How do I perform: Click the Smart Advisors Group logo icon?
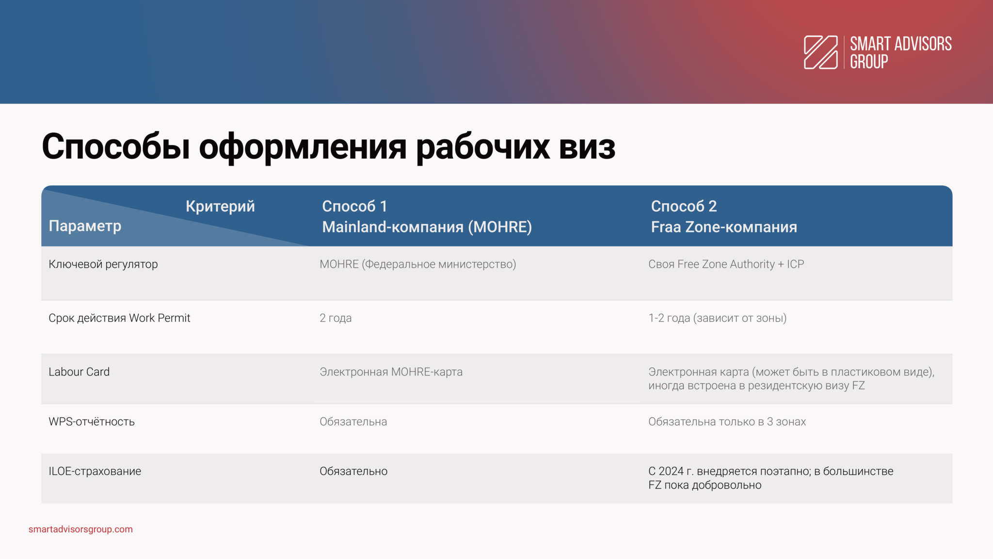pyautogui.click(x=820, y=52)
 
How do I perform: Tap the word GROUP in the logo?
pyautogui.click(x=869, y=62)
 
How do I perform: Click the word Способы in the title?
pyautogui.click(x=116, y=147)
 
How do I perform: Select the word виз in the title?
pyautogui.click(x=587, y=147)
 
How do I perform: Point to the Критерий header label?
pyautogui.click(x=220, y=206)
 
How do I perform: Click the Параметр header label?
pyautogui.click(x=85, y=226)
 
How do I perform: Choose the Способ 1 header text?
pyautogui.click(x=354, y=206)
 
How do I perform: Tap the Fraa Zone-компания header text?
pyautogui.click(x=724, y=227)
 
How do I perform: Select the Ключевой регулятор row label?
pyautogui.click(x=103, y=264)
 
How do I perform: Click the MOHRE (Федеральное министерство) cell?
pyautogui.click(x=418, y=264)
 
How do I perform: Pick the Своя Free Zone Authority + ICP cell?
pyautogui.click(x=726, y=264)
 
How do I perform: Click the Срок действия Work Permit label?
pyautogui.click(x=119, y=318)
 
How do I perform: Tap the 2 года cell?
pyautogui.click(x=336, y=318)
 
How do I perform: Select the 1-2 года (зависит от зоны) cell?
pyautogui.click(x=718, y=318)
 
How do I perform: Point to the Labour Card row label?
pyautogui.click(x=79, y=372)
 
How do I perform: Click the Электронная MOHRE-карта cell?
pyautogui.click(x=391, y=372)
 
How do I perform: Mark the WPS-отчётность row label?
pyautogui.click(x=92, y=422)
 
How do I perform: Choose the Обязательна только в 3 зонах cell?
pyautogui.click(x=727, y=422)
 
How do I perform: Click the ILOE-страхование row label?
pyautogui.click(x=95, y=471)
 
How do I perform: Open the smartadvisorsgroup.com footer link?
pyautogui.click(x=80, y=529)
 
